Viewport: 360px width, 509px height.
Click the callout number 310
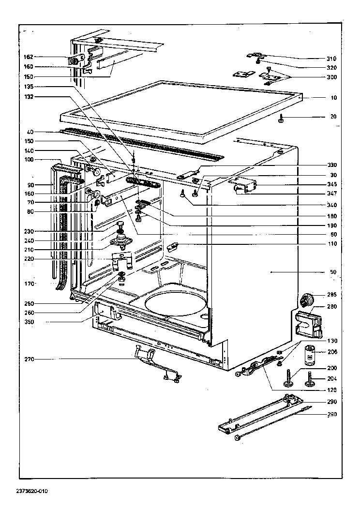coord(331,58)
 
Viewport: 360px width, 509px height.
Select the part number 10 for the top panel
coord(333,98)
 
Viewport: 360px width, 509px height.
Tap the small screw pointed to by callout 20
coord(281,117)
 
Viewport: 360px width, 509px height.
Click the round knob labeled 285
coord(305,299)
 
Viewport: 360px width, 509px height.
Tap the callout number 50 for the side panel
coord(333,272)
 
